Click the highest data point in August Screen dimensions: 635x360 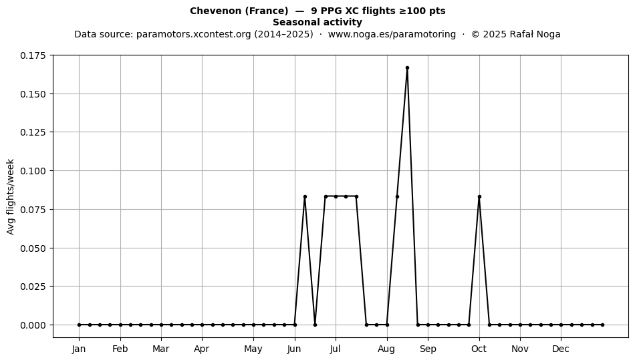(x=408, y=68)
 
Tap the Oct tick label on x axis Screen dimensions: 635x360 (x=479, y=349)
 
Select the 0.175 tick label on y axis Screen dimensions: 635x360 (x=33, y=55)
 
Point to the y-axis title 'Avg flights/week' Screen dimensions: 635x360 (x=11, y=196)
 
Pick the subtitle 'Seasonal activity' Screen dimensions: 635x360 (x=317, y=22)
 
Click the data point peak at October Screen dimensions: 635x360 (x=479, y=196)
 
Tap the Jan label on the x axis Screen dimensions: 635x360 (x=79, y=349)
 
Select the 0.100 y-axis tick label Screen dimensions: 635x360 (x=33, y=171)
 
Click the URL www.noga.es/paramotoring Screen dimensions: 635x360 (x=392, y=34)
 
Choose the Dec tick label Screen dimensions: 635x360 (x=561, y=349)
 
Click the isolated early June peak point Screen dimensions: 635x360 (x=305, y=196)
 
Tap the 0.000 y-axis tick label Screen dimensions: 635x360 (x=33, y=325)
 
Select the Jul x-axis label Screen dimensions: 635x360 (x=336, y=349)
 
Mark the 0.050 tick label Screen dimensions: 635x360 (x=33, y=248)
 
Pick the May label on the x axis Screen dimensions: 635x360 (x=253, y=349)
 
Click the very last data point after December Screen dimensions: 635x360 (x=603, y=325)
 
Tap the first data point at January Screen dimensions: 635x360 (x=80, y=325)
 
